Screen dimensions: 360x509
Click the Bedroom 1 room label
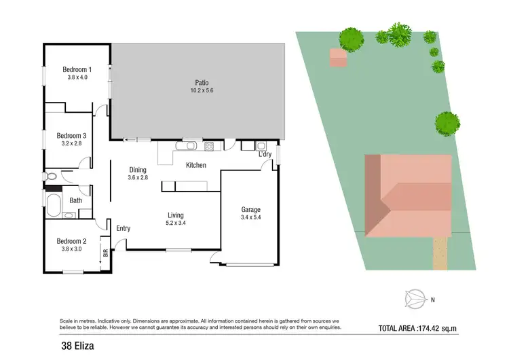pyautogui.click(x=77, y=69)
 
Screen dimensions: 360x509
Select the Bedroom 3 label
pyautogui.click(x=71, y=135)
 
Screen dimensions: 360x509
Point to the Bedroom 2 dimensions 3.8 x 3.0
pyautogui.click(x=71, y=249)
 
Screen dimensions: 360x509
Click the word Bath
pyautogui.click(x=76, y=200)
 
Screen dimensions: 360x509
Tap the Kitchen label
pyautogui.click(x=196, y=165)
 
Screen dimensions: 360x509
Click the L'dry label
pyautogui.click(x=265, y=155)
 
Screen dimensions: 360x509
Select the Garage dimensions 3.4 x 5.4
pyautogui.click(x=250, y=218)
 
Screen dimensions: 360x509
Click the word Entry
pyautogui.click(x=123, y=228)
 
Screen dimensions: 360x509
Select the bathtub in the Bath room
pyautogui.click(x=53, y=202)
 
